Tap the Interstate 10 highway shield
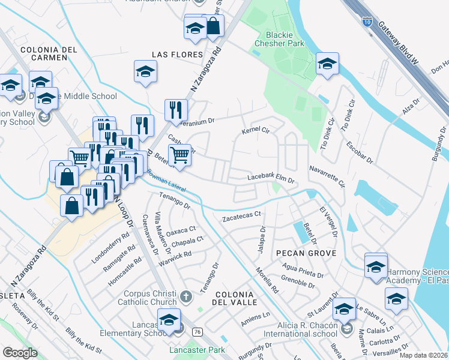(x=367, y=25)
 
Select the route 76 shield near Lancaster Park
(x=196, y=331)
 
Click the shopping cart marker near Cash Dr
(x=180, y=156)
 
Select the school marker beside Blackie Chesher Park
(x=327, y=65)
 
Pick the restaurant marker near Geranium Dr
(x=176, y=110)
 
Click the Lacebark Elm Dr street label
(x=272, y=179)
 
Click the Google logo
(x=20, y=353)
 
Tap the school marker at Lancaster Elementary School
(x=169, y=321)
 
